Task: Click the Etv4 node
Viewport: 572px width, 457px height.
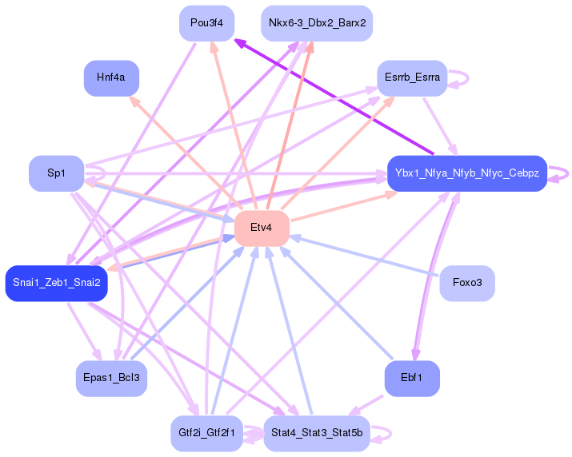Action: point(262,228)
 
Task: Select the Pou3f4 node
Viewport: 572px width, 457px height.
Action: point(207,23)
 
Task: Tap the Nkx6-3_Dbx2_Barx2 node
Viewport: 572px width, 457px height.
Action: point(317,23)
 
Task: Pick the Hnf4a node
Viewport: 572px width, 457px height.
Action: point(111,78)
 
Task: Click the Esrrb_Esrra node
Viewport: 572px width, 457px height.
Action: point(412,78)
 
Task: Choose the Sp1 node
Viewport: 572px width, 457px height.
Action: point(57,173)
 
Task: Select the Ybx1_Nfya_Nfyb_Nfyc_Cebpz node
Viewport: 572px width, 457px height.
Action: point(467,173)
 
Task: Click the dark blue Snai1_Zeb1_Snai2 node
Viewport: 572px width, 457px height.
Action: point(57,283)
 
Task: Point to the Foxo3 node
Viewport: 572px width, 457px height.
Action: point(467,283)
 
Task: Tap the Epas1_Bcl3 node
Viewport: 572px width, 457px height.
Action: point(111,378)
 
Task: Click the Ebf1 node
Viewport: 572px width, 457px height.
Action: point(412,378)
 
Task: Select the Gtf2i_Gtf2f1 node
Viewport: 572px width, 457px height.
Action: point(207,433)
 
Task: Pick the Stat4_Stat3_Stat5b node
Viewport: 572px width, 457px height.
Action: point(317,433)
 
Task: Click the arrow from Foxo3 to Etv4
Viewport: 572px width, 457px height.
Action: point(364,256)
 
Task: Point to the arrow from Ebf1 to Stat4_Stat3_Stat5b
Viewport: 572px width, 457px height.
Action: point(366,406)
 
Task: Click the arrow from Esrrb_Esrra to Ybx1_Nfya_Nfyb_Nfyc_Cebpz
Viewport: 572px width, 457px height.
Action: point(440,126)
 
